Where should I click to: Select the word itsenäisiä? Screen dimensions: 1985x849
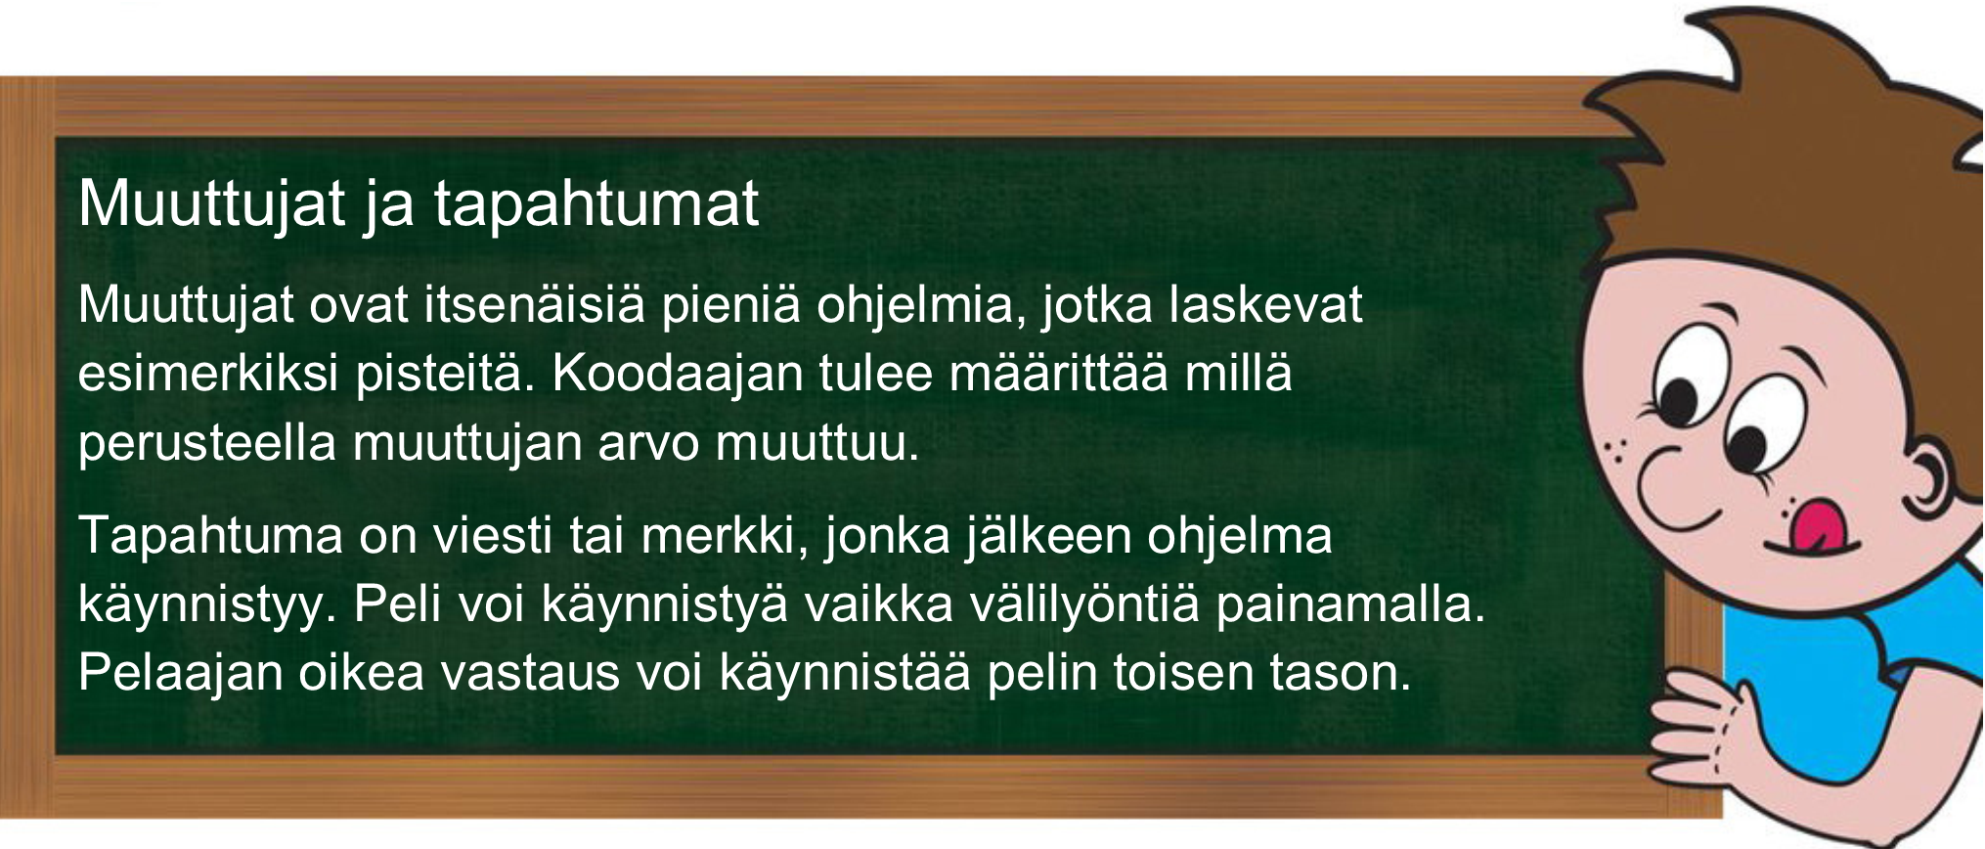534,304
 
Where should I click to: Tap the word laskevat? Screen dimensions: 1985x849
1265,304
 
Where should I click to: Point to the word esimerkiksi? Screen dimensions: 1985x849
208,374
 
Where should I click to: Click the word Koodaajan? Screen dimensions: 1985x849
678,374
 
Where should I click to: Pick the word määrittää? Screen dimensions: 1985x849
1058,374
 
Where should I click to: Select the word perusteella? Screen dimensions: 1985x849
207,443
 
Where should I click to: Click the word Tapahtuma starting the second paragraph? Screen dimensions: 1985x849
210,536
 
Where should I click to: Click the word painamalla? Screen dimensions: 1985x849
1350,604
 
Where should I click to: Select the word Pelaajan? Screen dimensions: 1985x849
181,673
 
